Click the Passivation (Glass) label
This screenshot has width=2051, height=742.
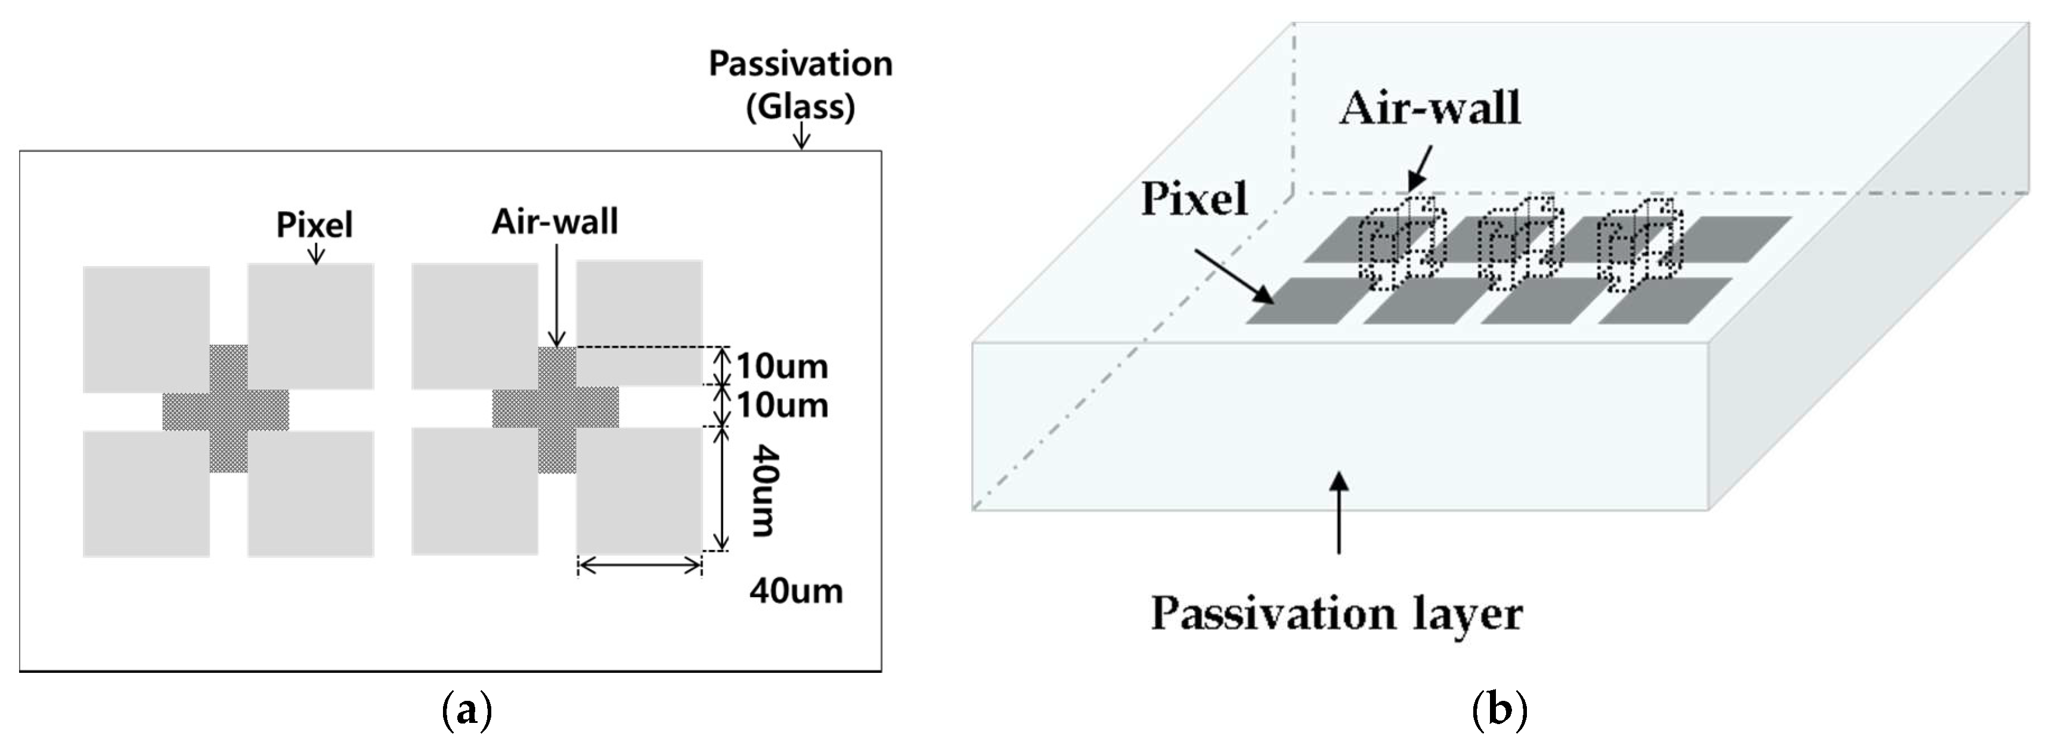[x=800, y=84]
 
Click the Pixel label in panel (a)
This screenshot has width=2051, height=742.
[x=314, y=224]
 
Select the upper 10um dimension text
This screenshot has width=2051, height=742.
[x=782, y=366]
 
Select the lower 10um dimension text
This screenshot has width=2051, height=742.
[x=782, y=406]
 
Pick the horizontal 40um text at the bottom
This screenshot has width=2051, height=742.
[x=795, y=592]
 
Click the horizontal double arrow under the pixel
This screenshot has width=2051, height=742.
[x=639, y=565]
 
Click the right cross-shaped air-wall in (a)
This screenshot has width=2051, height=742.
[x=556, y=409]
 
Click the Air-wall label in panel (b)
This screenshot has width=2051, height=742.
[x=1429, y=109]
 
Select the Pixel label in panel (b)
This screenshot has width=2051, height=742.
[x=1194, y=199]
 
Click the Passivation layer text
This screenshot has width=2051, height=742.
[x=1337, y=614]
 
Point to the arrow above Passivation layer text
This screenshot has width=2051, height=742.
[x=1339, y=514]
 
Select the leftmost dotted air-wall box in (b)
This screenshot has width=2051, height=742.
[x=1401, y=243]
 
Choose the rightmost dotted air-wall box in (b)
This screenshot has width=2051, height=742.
[x=1640, y=243]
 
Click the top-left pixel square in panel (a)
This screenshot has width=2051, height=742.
[x=147, y=329]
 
